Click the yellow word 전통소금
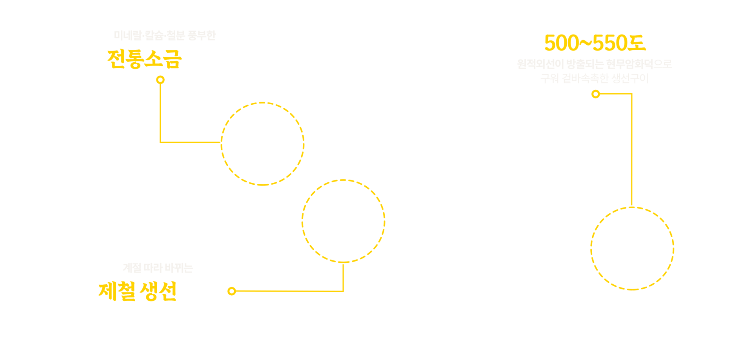point(144,59)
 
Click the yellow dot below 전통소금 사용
point(160,80)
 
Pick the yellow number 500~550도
point(595,43)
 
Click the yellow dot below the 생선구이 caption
point(596,94)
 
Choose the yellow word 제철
point(117,291)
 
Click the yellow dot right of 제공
point(232,291)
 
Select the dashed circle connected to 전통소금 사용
point(262,144)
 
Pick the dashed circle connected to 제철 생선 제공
point(343,221)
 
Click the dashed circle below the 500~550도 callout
point(632,248)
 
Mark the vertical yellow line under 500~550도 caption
point(631,149)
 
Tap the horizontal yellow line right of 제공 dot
point(290,291)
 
